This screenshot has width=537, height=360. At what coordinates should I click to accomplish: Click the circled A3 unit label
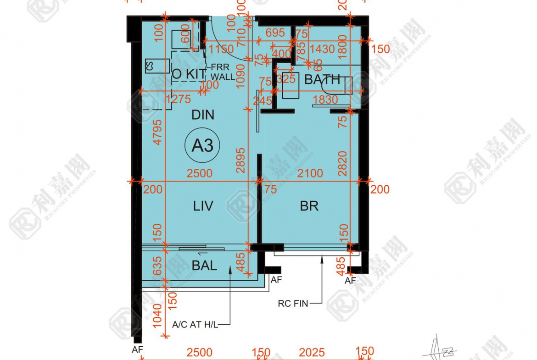pyautogui.click(x=202, y=146)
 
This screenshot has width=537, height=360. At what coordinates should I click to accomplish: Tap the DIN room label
pyautogui.click(x=203, y=115)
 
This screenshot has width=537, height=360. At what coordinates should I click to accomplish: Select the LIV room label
pyautogui.click(x=203, y=206)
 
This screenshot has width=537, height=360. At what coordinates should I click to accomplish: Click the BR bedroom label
pyautogui.click(x=309, y=206)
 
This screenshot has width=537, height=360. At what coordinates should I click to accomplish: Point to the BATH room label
pyautogui.click(x=322, y=79)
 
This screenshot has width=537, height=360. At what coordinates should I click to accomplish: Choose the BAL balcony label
pyautogui.click(x=204, y=266)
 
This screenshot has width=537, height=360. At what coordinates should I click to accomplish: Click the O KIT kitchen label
pyautogui.click(x=189, y=73)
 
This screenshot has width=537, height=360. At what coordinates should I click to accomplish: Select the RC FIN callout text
pyautogui.click(x=293, y=303)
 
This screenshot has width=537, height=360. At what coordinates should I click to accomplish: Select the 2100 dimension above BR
pyautogui.click(x=310, y=174)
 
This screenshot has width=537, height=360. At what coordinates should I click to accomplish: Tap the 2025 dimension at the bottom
pyautogui.click(x=312, y=352)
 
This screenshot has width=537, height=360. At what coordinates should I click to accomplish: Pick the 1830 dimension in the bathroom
pyautogui.click(x=325, y=99)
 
